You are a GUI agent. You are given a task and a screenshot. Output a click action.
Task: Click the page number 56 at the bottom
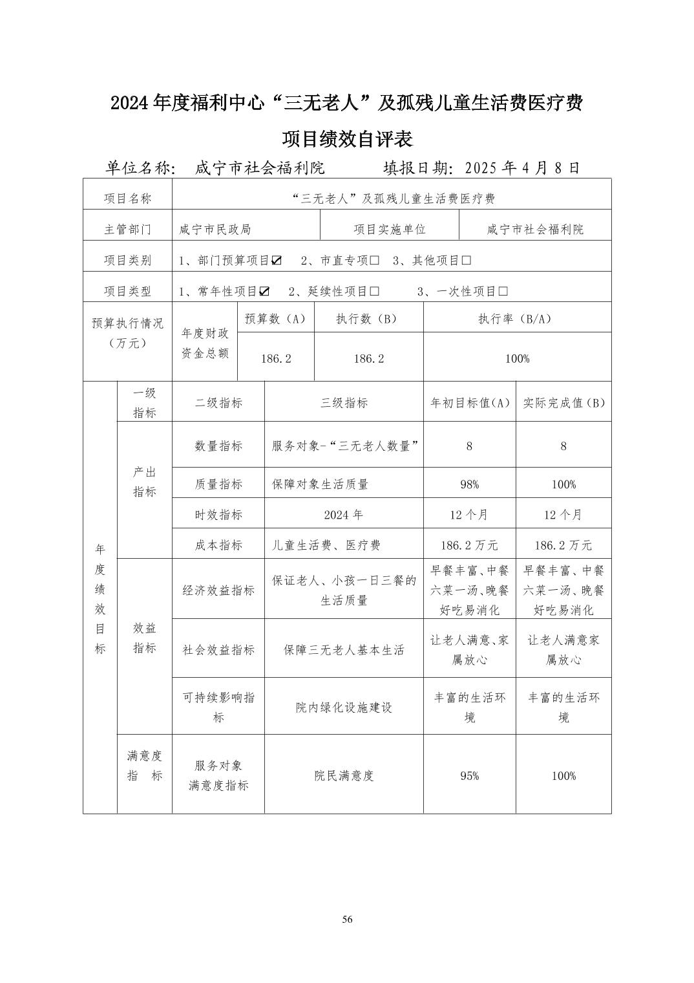tap(347, 920)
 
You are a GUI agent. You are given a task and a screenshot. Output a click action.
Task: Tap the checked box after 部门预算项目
tap(277, 261)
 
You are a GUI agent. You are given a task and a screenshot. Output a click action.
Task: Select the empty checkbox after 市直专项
tap(374, 261)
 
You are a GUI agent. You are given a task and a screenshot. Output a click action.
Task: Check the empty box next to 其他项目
tap(466, 261)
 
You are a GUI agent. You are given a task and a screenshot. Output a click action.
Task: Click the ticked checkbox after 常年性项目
tap(264, 292)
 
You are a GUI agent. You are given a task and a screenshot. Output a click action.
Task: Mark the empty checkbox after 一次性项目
tap(503, 292)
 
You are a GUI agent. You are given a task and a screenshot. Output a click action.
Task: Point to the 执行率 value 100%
tap(517, 358)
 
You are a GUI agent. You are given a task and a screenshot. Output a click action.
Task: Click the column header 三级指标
tap(344, 403)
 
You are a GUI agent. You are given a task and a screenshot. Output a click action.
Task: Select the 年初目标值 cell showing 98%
tap(469, 484)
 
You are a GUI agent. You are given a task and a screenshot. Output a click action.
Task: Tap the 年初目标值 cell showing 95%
tap(469, 775)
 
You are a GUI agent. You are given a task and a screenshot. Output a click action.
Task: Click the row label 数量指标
tap(218, 446)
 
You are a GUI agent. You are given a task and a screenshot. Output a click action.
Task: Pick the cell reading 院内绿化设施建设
tap(344, 708)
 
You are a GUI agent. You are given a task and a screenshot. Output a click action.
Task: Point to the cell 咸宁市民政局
tap(215, 230)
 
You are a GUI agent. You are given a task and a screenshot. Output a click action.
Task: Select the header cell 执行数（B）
tap(368, 318)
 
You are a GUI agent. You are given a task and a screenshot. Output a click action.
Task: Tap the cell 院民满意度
tap(344, 775)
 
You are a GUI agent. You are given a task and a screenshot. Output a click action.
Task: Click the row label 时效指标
tap(218, 515)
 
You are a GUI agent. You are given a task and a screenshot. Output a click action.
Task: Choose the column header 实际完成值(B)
tap(563, 403)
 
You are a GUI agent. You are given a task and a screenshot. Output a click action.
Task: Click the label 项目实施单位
tap(389, 230)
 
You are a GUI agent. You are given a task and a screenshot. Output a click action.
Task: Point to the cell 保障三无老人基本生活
tap(344, 650)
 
